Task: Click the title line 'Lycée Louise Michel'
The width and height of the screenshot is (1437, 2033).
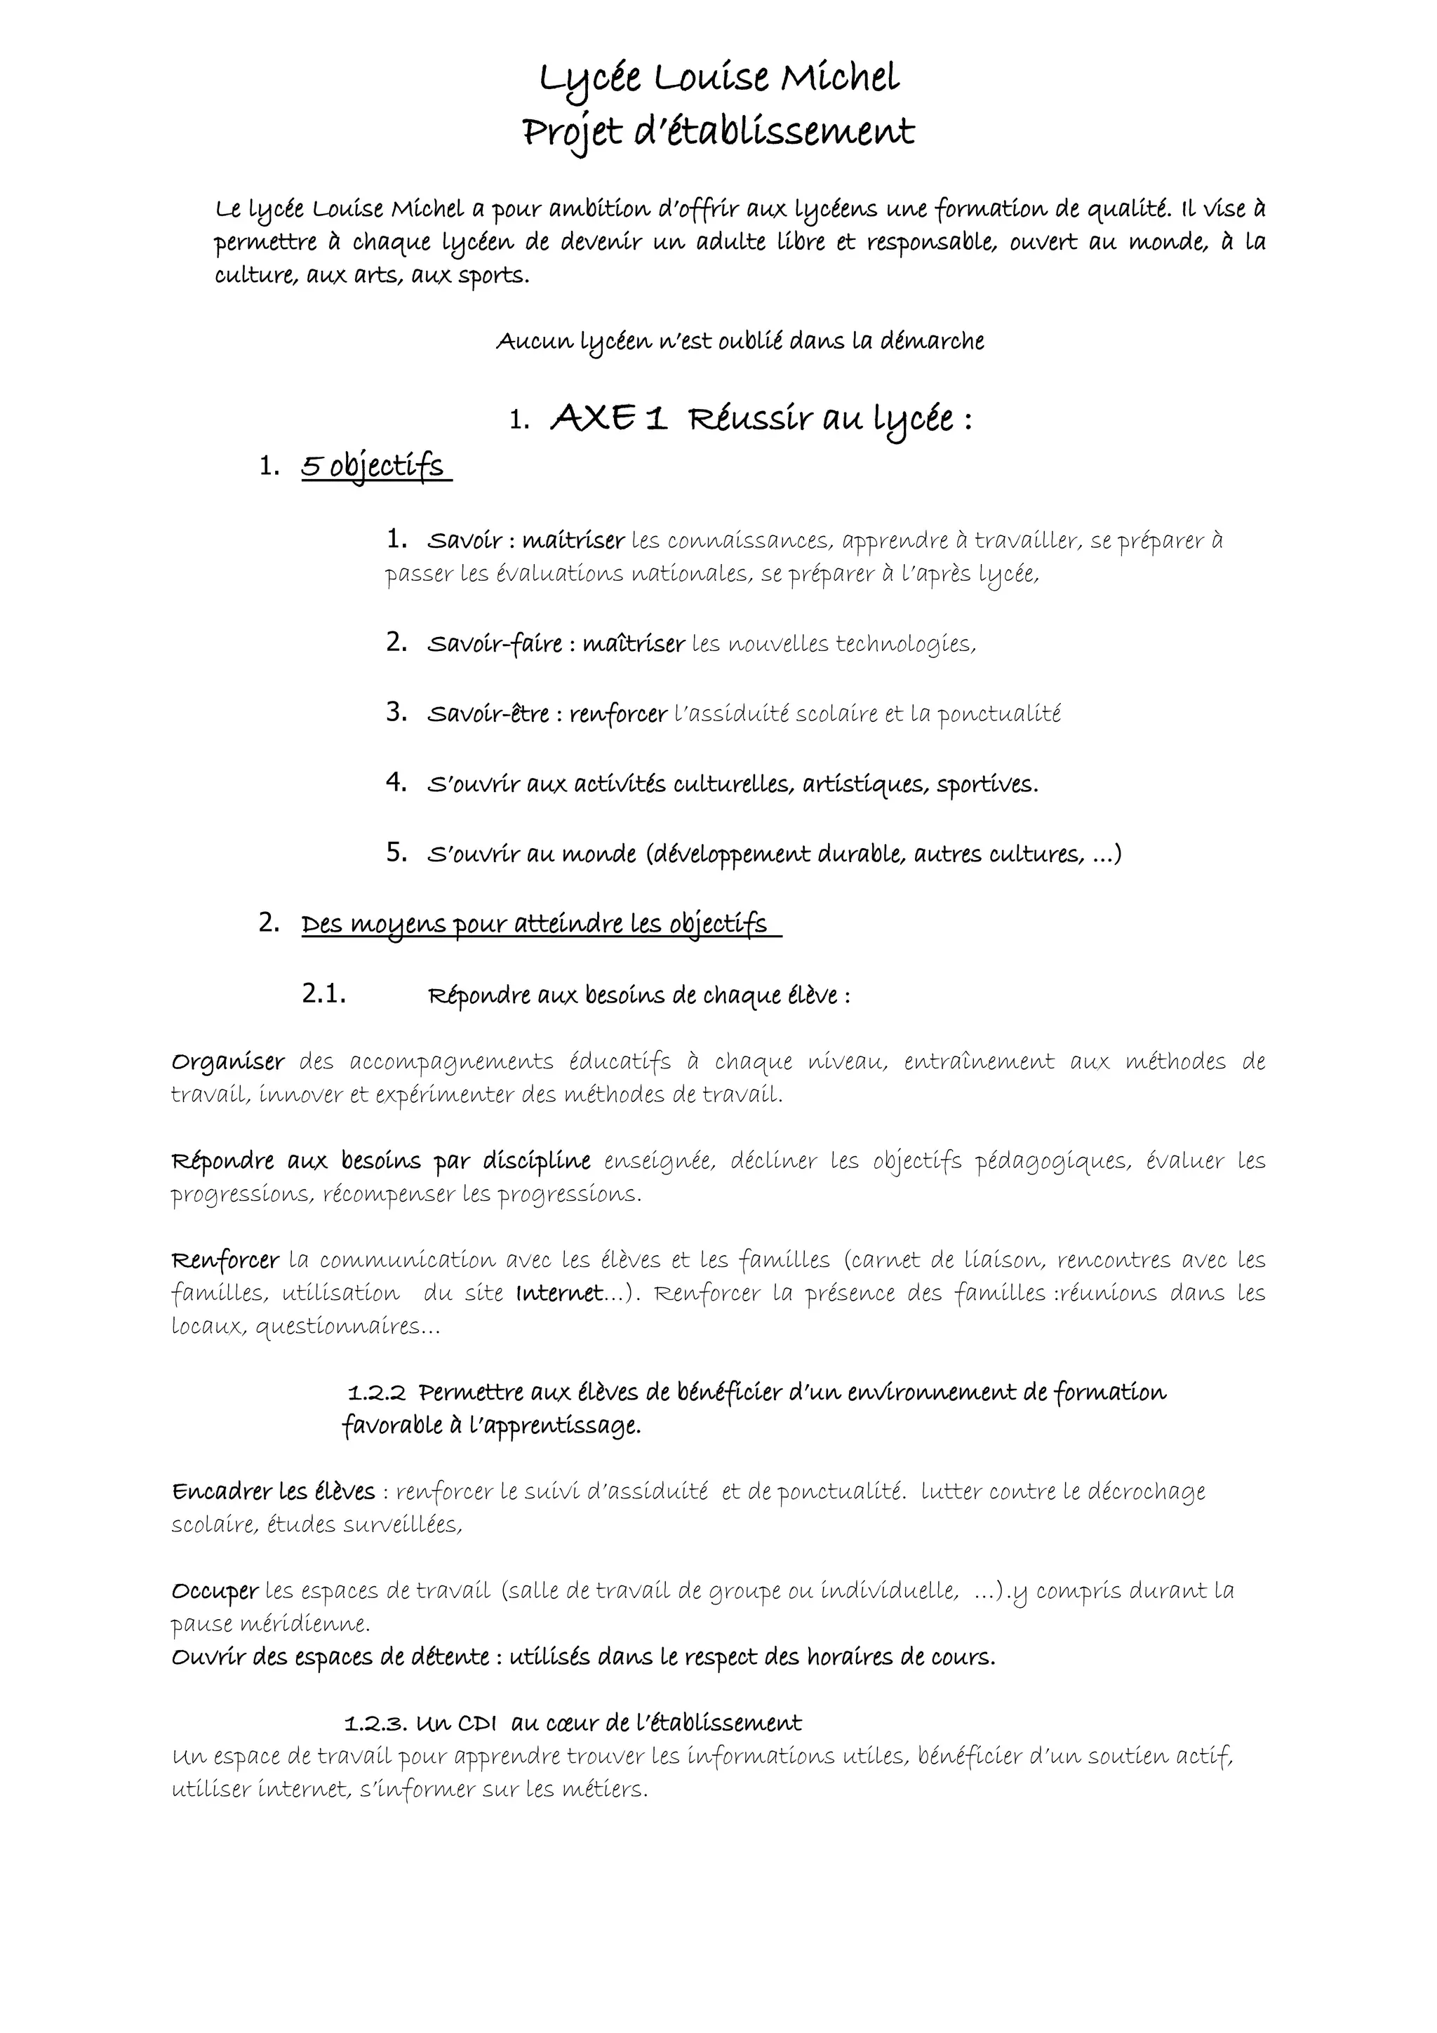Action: (x=719, y=79)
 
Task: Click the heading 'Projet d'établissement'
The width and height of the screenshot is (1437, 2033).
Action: (x=719, y=133)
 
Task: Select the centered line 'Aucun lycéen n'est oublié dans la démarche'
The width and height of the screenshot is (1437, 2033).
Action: (x=740, y=342)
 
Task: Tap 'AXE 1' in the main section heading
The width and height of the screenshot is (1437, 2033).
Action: (x=608, y=419)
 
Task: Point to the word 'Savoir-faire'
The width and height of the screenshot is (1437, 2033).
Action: (x=494, y=645)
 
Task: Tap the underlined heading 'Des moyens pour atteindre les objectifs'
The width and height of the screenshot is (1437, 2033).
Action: (x=535, y=925)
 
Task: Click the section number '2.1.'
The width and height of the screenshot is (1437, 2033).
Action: (x=323, y=994)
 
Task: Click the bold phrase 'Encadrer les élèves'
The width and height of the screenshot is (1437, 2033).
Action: (x=274, y=1492)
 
